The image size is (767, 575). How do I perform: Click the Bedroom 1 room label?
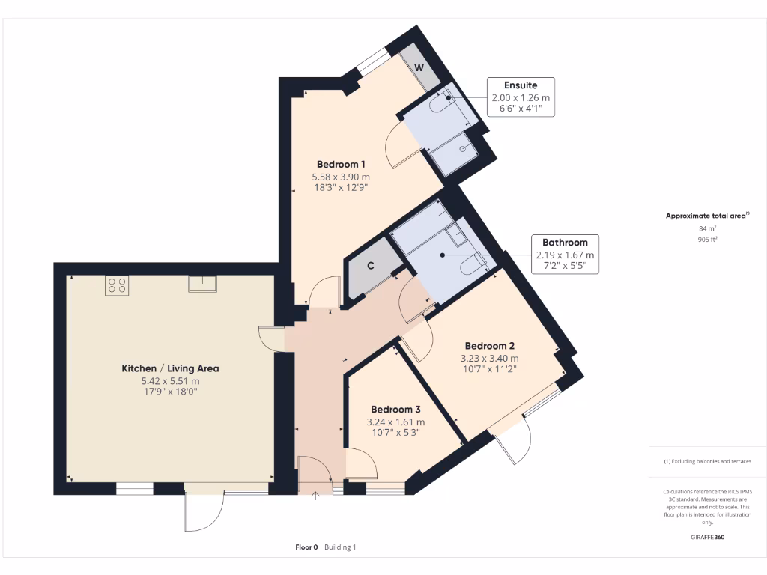[x=341, y=165]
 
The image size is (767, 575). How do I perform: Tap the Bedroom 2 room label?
[x=489, y=346]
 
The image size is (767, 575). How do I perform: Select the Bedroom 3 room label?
[x=395, y=410]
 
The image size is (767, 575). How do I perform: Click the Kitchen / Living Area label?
[x=170, y=368]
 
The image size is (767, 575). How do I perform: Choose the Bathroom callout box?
[x=565, y=254]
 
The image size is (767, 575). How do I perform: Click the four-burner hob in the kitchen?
[x=117, y=285]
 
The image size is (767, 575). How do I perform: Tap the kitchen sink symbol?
[x=203, y=284]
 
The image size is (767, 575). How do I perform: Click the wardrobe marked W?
[x=419, y=68]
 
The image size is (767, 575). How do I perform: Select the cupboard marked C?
[x=371, y=266]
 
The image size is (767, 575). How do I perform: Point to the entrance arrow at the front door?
[x=315, y=495]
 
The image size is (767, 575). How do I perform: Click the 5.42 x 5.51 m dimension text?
[x=170, y=380]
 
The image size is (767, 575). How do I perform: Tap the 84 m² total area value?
[x=707, y=228]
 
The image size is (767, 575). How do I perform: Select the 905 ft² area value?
[x=707, y=240]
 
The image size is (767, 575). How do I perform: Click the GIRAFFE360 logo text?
[x=707, y=537]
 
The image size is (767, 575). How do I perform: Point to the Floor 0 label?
[x=306, y=547]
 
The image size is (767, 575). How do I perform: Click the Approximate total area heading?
[x=707, y=216]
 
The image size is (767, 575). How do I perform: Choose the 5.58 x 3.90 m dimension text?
[x=341, y=177]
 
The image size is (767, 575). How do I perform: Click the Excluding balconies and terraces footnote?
[x=707, y=461]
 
